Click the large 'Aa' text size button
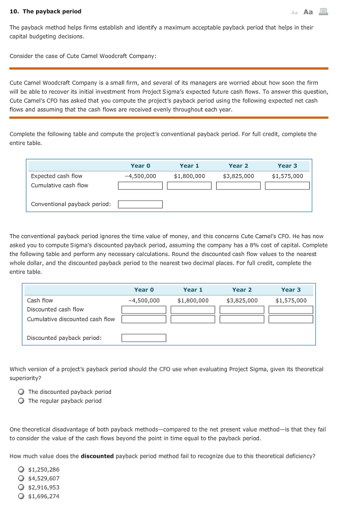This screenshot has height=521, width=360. (308, 12)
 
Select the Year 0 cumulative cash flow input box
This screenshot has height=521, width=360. (140, 186)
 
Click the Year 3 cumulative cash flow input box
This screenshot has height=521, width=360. (287, 186)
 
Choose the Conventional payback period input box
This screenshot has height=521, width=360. (140, 205)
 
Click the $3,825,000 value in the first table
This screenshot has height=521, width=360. (238, 176)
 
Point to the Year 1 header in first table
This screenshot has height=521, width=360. (189, 166)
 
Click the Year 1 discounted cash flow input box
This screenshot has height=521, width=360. (193, 310)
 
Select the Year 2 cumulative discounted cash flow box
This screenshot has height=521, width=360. (242, 320)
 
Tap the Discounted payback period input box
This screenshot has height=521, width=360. (144, 338)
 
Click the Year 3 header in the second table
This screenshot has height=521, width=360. (291, 290)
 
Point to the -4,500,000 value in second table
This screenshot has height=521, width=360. (144, 300)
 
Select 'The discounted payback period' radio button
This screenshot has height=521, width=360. (21, 392)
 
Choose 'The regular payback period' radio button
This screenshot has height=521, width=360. (21, 401)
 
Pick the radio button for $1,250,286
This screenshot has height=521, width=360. (21, 470)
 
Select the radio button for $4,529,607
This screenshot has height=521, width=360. (21, 478)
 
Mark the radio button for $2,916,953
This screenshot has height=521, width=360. (21, 487)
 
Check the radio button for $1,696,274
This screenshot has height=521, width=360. (21, 497)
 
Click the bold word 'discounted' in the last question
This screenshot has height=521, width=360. (97, 456)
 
